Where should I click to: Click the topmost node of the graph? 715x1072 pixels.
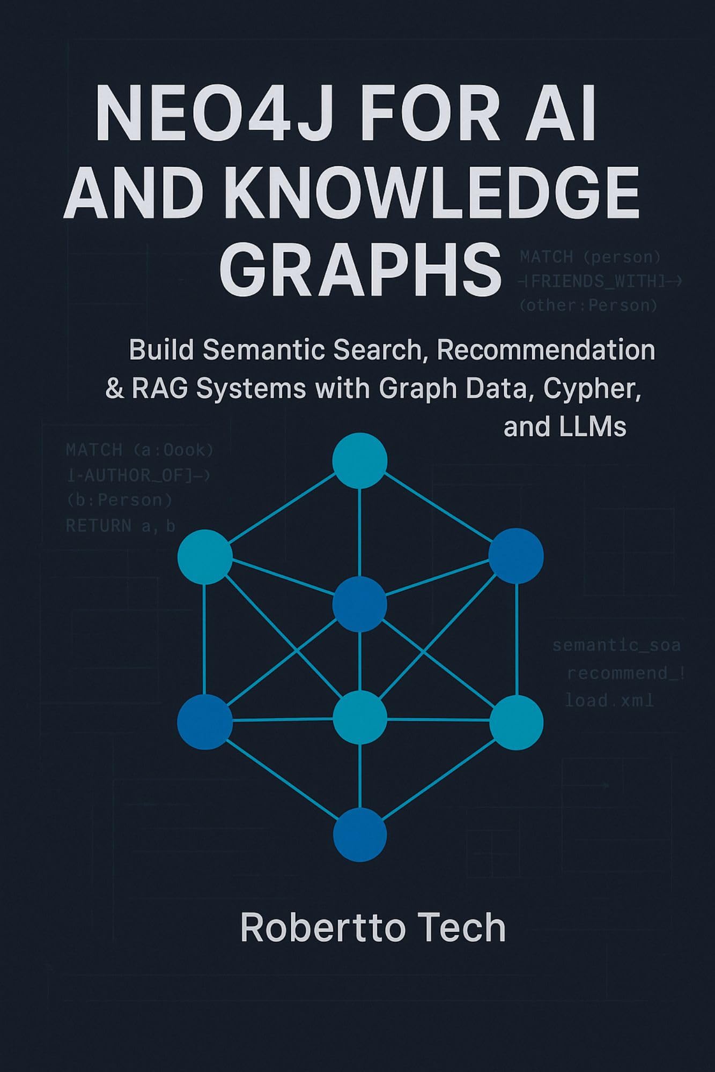click(x=359, y=461)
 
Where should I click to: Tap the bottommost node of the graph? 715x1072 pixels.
click(x=359, y=835)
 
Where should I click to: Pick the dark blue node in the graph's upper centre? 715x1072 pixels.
click(x=359, y=604)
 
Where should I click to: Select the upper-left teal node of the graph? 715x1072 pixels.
click(x=205, y=556)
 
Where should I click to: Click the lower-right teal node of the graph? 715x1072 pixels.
click(x=516, y=722)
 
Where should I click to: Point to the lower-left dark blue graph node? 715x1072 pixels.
click(x=205, y=721)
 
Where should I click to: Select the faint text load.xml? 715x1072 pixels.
click(x=609, y=700)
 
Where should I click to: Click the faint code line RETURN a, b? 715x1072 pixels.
click(x=121, y=526)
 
